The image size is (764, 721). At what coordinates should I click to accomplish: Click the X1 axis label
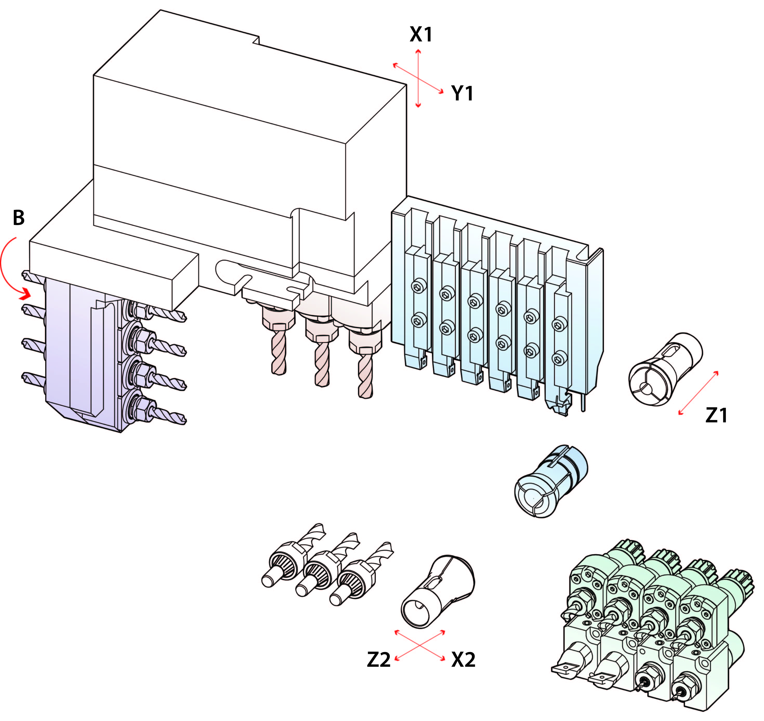[421, 35]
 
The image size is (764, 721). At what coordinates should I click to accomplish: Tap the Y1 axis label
[462, 93]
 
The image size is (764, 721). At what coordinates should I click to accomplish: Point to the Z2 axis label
[379, 660]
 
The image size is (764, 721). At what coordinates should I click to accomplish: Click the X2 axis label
[463, 660]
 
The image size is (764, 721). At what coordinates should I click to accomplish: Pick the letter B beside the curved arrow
[18, 218]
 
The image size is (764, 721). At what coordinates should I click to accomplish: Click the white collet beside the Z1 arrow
[665, 369]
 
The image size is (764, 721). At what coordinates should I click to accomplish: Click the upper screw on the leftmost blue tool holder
[417, 287]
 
